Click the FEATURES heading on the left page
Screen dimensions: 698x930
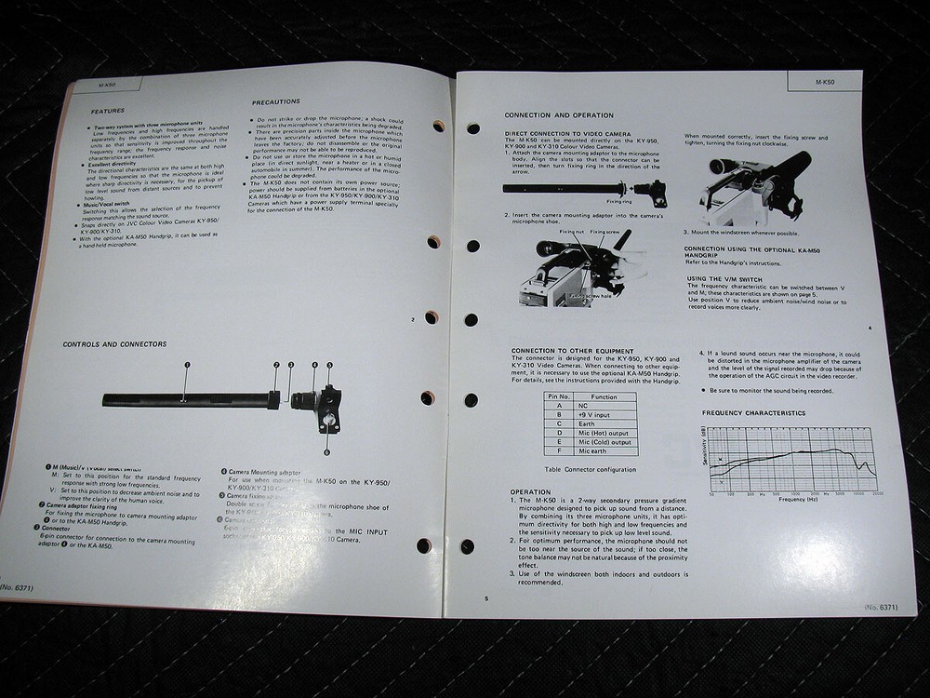[x=107, y=111]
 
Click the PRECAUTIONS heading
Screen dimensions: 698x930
[x=276, y=101]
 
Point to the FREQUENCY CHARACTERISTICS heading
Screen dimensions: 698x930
[x=753, y=412]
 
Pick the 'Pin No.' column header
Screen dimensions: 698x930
[x=559, y=396]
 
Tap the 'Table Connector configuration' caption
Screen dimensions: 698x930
[x=591, y=470]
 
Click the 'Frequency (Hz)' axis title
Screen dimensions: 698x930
[x=798, y=500]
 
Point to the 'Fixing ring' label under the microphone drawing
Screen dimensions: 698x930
[x=619, y=200]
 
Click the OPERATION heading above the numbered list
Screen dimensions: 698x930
[x=531, y=491]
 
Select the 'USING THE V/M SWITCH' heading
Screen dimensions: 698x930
[x=735, y=277]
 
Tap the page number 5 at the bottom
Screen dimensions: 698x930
[x=485, y=598]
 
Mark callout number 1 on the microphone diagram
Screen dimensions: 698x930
[x=187, y=365]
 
